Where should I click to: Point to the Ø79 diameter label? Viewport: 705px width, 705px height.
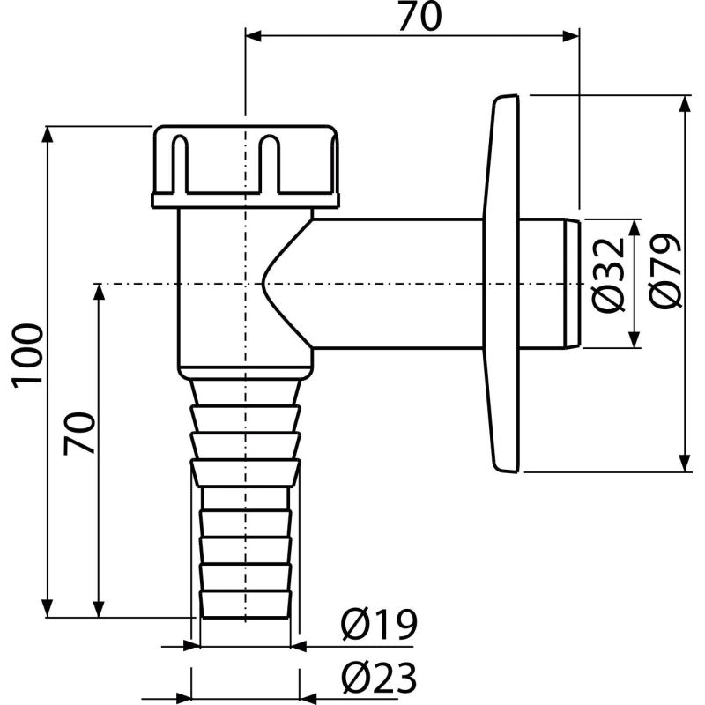(x=665, y=271)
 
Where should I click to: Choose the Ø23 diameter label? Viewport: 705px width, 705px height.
(x=377, y=679)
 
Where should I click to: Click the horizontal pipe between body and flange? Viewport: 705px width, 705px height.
(x=397, y=282)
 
